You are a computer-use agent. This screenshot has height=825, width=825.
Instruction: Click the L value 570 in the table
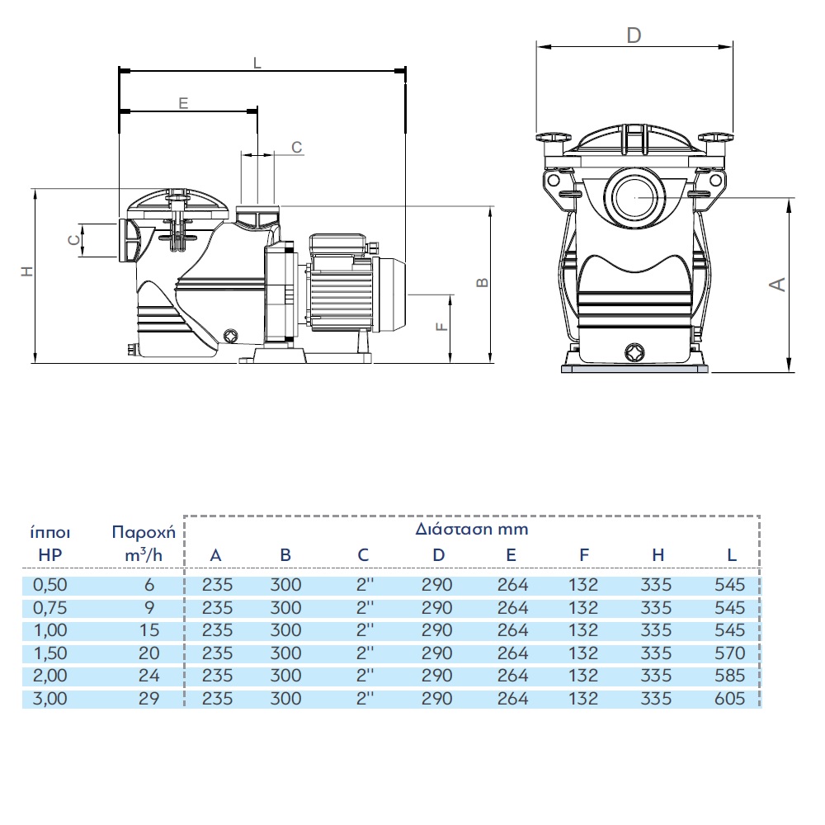731,653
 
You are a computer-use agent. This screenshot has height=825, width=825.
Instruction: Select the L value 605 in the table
731,699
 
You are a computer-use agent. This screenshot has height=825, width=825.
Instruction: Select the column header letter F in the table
583,555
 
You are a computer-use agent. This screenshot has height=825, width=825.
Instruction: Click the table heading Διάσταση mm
471,529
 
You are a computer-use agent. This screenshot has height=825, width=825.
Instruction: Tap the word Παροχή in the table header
144,531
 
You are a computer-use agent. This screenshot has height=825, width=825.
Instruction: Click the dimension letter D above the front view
634,35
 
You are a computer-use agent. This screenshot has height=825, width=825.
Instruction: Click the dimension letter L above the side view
257,63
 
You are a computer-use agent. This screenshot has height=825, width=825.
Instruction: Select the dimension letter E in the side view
183,102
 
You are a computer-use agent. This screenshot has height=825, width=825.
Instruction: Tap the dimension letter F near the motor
442,326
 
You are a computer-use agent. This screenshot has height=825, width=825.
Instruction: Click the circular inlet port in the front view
634,198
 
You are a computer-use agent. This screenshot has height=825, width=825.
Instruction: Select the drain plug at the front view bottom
634,351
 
